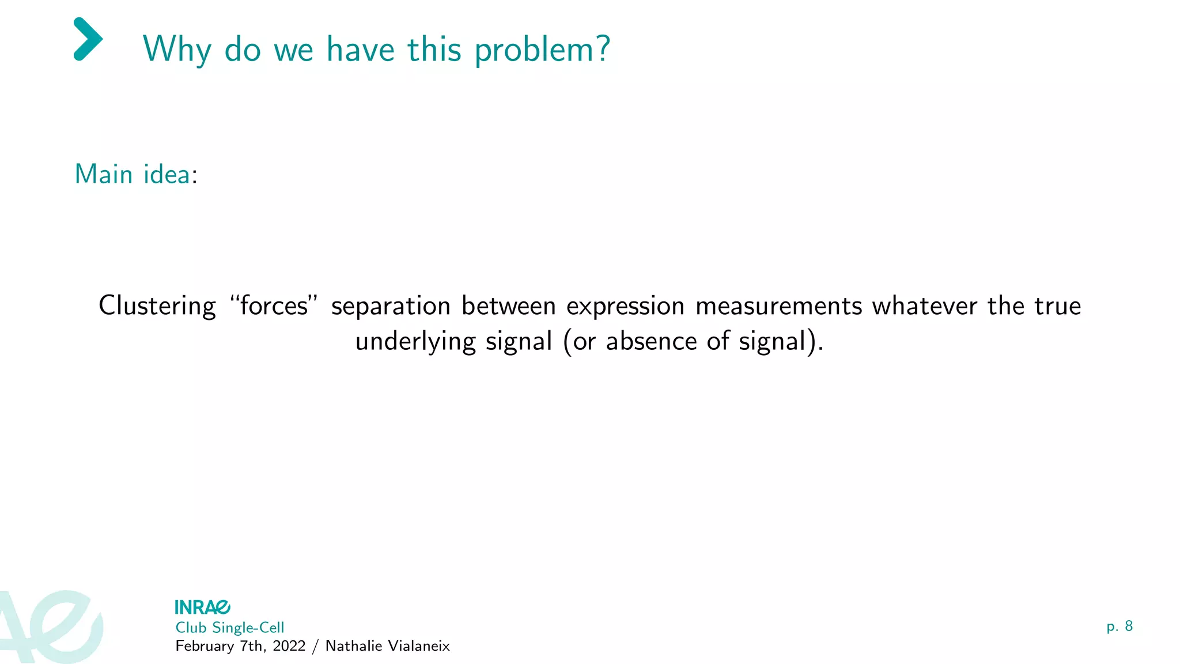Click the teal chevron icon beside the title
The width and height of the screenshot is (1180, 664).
click(x=88, y=39)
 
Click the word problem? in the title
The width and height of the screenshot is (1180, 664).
click(x=542, y=50)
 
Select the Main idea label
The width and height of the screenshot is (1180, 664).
click(x=133, y=174)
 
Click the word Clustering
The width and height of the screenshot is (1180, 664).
click(x=157, y=306)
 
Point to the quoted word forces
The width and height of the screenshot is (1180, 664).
click(x=274, y=306)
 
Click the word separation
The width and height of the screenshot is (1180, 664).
click(x=391, y=306)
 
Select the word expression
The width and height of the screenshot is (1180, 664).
click(x=625, y=306)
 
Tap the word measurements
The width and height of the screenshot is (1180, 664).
click(x=778, y=306)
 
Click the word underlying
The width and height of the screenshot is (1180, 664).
click(x=415, y=342)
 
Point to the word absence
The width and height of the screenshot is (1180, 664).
click(x=651, y=342)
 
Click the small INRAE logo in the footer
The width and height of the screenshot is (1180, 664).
click(x=202, y=607)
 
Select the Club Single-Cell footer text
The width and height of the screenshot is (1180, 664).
click(x=229, y=628)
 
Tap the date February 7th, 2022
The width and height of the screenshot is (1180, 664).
click(x=240, y=646)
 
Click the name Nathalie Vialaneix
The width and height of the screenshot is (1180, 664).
click(x=387, y=646)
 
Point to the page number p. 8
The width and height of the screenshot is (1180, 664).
click(x=1119, y=626)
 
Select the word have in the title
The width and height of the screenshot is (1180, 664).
click(x=361, y=50)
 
